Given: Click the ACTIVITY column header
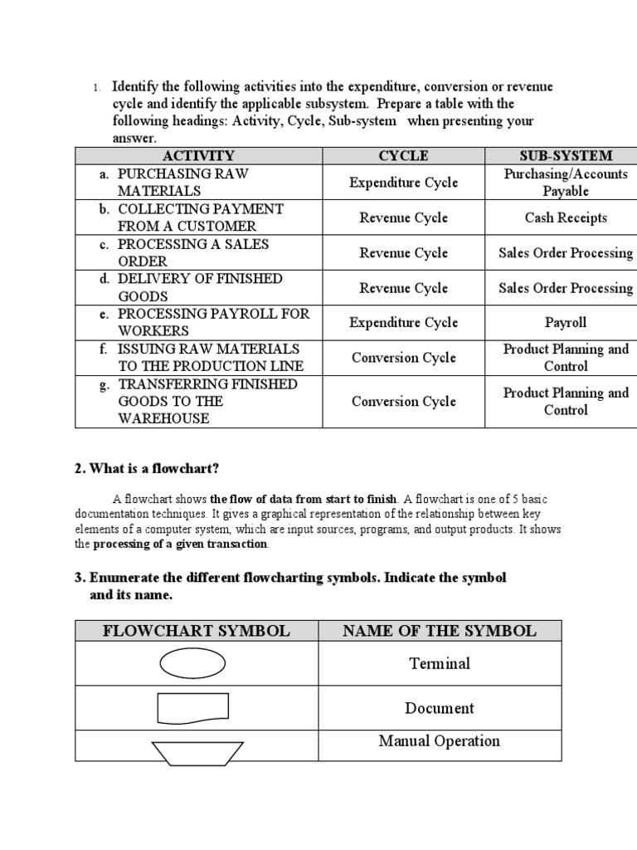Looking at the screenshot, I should coord(198,155).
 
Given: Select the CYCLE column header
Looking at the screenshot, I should coord(403,155).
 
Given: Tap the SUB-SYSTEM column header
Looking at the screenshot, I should coord(566,155).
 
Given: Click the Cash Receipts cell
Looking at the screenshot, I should coord(566,217).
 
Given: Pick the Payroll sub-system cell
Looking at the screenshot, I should coord(566,322).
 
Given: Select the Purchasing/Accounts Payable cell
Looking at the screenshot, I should coord(566,182).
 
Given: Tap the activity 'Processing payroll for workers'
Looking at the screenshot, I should coord(213,322).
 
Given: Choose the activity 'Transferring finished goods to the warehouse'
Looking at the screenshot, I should coord(207,401).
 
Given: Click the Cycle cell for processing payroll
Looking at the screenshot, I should coord(403,322).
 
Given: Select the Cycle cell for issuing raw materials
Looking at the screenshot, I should coord(403,358).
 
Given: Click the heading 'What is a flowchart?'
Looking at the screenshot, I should coord(147,468).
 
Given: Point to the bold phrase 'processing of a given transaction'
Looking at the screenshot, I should coord(180,545).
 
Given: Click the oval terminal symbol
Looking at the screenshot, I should coord(192,662).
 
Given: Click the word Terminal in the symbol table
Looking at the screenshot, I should coord(439,663).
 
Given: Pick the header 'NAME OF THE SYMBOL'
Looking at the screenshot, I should coord(439,630).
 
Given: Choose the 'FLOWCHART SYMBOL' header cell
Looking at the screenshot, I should coord(197,630).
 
